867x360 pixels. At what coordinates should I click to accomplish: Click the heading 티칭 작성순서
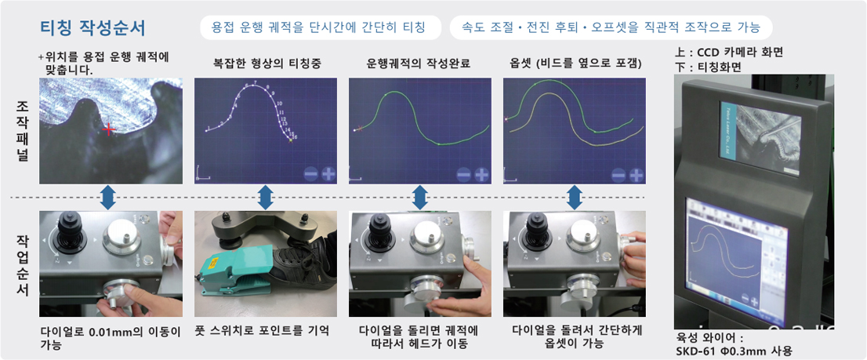coord(93,28)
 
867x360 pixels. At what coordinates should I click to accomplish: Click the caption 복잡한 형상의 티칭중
coord(266,64)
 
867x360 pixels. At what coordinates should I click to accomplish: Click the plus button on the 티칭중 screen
coord(328,175)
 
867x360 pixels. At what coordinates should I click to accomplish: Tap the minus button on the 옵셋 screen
coord(619,176)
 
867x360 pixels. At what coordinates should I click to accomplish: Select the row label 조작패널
coord(23,129)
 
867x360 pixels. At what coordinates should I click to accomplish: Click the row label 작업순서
coord(23,264)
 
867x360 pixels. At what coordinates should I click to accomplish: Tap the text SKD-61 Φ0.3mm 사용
coord(734,351)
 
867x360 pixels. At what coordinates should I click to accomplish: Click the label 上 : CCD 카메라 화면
coord(729,53)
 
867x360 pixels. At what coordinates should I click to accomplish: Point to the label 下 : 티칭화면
coord(709,67)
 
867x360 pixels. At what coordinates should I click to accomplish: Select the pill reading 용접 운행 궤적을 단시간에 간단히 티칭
coord(320,27)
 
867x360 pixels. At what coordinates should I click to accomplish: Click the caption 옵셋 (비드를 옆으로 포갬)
coord(575,64)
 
